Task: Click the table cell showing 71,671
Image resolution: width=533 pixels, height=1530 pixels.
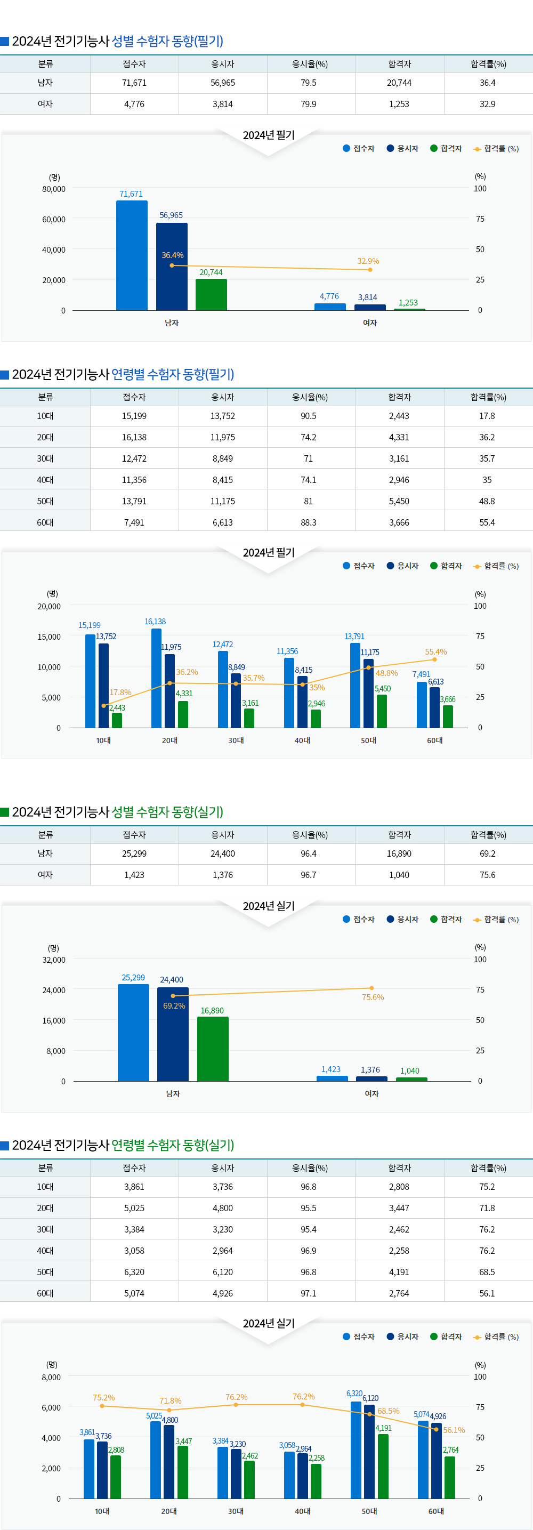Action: point(134,83)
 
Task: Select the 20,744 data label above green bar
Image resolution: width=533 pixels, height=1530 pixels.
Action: point(211,272)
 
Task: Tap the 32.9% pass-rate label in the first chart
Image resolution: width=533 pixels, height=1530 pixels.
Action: point(368,261)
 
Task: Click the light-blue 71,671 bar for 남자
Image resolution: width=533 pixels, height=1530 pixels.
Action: point(132,255)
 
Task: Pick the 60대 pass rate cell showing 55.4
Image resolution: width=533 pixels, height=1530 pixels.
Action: point(487,522)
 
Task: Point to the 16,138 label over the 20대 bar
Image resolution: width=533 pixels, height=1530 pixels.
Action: point(155,621)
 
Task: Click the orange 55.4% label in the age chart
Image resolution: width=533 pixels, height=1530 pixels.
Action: point(435,651)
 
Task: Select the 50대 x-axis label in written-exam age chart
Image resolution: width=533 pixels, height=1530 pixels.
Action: point(369,740)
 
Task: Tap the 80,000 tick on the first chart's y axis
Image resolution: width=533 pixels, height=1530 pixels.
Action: point(53,189)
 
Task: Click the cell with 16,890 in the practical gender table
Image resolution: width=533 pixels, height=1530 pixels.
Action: point(399,853)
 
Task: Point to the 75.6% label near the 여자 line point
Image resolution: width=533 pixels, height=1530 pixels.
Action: point(373,997)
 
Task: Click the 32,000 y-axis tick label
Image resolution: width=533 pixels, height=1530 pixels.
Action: point(53,960)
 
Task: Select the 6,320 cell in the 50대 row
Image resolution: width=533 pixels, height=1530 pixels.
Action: point(134,1272)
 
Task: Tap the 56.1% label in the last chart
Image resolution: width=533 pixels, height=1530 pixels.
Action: point(454,1430)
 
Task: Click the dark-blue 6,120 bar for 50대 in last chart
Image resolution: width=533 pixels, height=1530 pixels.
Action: point(369,1452)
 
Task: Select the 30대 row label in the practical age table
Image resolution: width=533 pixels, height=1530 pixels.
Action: point(45,1229)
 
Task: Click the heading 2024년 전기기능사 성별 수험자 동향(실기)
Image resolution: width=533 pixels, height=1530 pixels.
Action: point(117,812)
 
